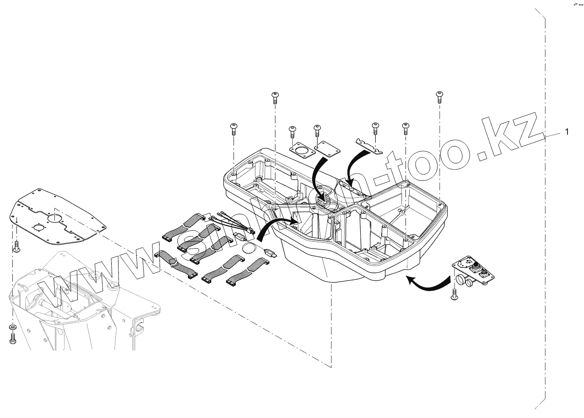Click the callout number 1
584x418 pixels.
coord(567,132)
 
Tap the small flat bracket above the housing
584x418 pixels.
coord(369,145)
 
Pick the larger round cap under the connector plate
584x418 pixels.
coord(460,280)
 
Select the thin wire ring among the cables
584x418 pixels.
coord(248,248)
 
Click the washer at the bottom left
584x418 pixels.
coord(12,327)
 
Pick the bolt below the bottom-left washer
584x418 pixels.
coord(12,338)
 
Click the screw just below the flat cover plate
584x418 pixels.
coord(17,247)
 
